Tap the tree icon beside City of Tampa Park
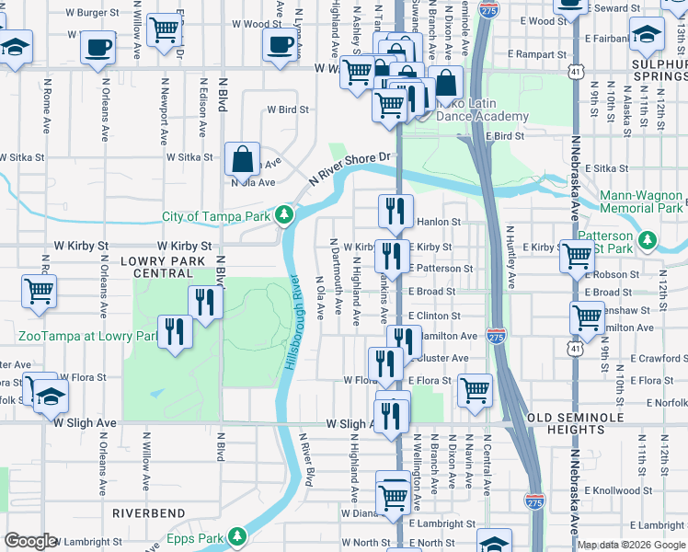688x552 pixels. (285, 216)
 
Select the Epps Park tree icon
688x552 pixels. (237, 535)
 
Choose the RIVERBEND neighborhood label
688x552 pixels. (149, 512)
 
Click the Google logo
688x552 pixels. (29, 541)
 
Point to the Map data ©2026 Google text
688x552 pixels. (630, 545)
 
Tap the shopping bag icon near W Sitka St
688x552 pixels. (241, 158)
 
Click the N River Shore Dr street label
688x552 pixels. (350, 168)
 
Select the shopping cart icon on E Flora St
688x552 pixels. (475, 389)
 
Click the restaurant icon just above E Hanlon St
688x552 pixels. (396, 211)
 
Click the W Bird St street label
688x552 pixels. (288, 109)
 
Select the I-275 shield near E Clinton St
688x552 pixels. (496, 336)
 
